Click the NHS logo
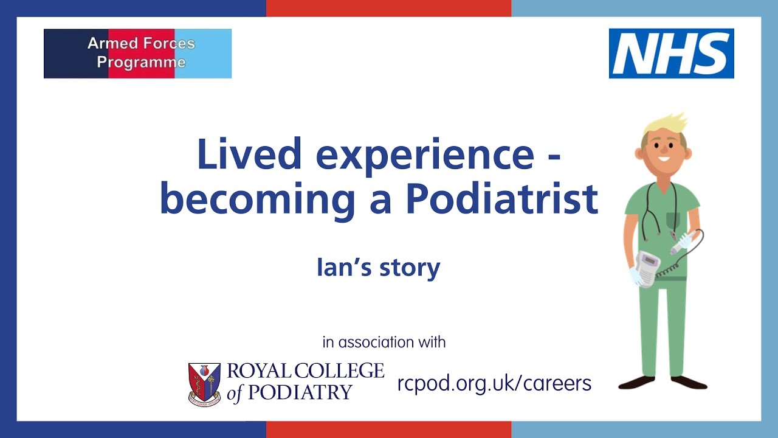point(671,54)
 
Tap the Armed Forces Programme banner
point(137,54)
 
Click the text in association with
point(384,342)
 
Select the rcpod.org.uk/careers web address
point(494,383)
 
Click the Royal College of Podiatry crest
point(204,383)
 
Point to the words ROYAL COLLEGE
point(305,371)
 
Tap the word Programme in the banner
point(141,62)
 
